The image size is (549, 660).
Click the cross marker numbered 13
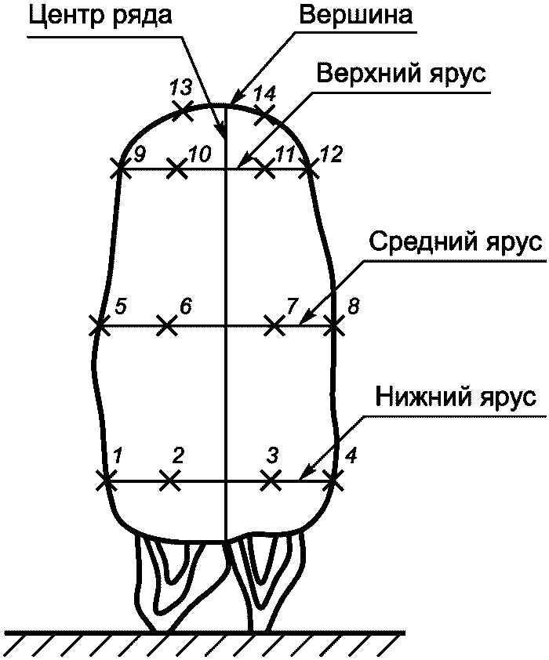[184, 109]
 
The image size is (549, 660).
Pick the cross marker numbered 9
[119, 168]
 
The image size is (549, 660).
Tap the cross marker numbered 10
[177, 168]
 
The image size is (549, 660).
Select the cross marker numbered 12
[311, 168]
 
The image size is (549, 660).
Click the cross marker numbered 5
[99, 325]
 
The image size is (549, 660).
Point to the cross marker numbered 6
[166, 325]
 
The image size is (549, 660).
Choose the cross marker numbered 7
[273, 325]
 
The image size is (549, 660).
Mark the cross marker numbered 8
[335, 325]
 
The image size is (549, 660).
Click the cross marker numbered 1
[104, 480]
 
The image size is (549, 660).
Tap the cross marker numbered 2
[169, 480]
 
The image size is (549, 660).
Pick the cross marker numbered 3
[271, 480]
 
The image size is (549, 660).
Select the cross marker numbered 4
[333, 480]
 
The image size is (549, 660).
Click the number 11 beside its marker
[287, 154]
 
